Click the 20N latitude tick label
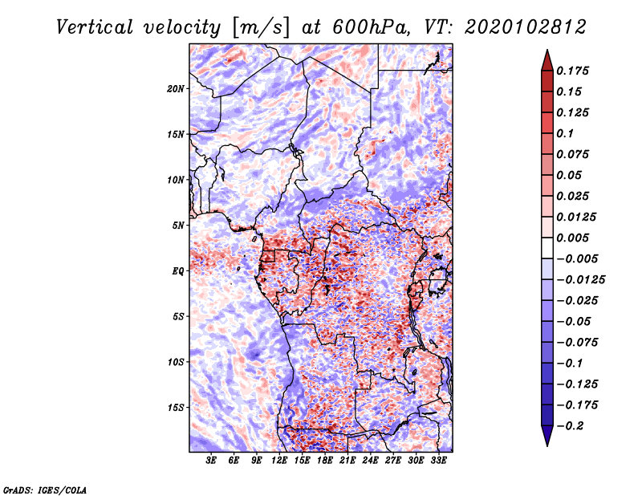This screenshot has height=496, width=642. click(x=176, y=88)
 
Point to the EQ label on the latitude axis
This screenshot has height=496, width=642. click(x=178, y=270)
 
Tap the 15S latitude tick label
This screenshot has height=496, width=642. click(x=176, y=407)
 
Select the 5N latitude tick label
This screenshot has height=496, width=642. click(x=178, y=225)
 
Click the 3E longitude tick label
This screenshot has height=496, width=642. click(x=212, y=461)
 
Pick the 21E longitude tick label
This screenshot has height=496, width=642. click(x=347, y=461)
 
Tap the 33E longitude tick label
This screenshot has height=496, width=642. click(x=438, y=461)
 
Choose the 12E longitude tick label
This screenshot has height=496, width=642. click(x=280, y=461)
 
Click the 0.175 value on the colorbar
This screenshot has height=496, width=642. click(x=575, y=71)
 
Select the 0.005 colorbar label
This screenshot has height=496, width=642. click(x=575, y=238)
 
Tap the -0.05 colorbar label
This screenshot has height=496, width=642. click(x=575, y=321)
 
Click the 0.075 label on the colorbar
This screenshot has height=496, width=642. click(x=575, y=154)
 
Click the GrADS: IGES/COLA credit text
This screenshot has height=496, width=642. click(x=45, y=489)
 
